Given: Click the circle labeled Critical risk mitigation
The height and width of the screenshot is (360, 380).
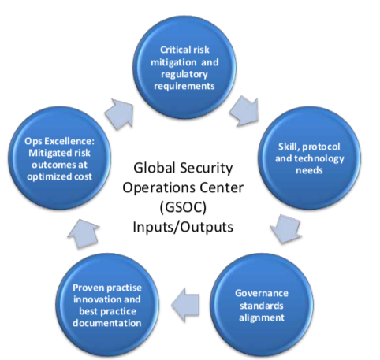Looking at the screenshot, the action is coord(184,68).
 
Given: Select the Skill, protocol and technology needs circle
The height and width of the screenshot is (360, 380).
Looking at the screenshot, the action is coord(309,158).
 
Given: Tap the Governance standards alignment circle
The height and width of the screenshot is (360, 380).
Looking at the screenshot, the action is coord(262,305).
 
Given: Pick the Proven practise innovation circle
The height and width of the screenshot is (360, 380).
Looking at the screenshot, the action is coord(107,305).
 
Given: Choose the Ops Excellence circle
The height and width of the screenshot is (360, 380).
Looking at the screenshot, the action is coord(59,158).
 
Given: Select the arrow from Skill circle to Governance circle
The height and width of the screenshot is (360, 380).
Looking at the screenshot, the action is coord(286,228).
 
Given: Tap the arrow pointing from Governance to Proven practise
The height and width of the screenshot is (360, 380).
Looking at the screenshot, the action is coord(185,305).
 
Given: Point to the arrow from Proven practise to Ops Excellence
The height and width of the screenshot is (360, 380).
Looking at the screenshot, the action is coord(84,233).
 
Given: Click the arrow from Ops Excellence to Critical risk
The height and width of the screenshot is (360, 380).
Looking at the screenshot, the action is coord(120,113).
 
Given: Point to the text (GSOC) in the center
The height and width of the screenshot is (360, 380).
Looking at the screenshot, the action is coord(183,207).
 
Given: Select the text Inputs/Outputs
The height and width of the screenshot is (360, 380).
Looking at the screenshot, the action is coord(183,227).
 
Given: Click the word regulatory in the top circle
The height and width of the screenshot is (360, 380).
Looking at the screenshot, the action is coord(184,74).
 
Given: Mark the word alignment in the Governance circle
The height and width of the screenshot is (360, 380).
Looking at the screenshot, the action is coord(262,317).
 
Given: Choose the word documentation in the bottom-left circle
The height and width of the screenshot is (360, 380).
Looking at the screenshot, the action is coord(107,323).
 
